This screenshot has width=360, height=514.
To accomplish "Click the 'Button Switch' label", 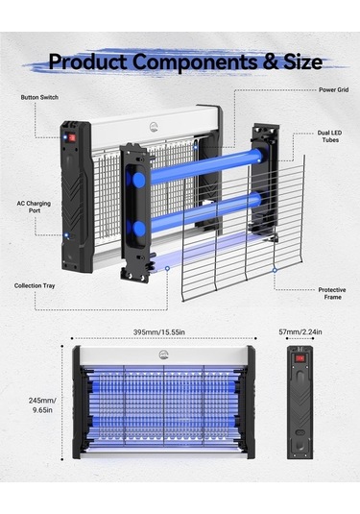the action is [39, 97].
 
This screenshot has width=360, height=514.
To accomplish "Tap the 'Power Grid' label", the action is [333, 89].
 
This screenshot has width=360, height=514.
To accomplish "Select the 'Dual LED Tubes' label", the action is [329, 136].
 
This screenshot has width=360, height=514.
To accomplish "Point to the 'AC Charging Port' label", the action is [34, 207].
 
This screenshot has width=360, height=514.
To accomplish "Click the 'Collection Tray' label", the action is [35, 286].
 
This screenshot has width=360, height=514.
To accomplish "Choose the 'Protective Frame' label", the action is [332, 293].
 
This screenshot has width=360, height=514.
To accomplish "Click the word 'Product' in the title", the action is [87, 61].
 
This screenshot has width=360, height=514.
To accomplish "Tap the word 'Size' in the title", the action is [302, 61].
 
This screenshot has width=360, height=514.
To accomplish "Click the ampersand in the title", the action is [270, 61].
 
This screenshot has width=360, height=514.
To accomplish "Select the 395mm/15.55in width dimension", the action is [158, 332].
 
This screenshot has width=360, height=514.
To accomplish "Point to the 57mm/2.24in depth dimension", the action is [300, 331].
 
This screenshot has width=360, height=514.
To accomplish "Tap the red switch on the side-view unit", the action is [300, 358].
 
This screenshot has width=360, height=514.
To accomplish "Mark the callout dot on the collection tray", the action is [167, 268].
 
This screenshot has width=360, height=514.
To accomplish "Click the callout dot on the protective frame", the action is [275, 270].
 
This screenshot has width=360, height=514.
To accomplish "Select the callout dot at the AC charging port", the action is [66, 235].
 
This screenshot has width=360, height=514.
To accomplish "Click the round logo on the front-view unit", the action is [163, 355].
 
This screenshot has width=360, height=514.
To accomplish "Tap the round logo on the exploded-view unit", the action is [154, 127].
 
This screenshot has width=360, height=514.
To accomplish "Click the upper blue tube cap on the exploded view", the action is [139, 180].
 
